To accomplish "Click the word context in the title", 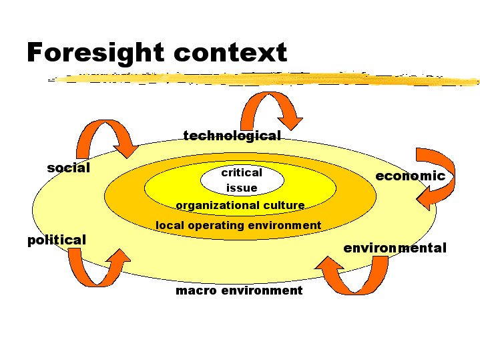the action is (x=230, y=52).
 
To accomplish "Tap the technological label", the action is (x=232, y=136).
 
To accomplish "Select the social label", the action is (x=69, y=168).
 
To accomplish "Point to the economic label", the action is (x=411, y=176).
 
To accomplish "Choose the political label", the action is (x=57, y=240).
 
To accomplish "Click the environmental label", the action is (x=395, y=248).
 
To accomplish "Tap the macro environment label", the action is (x=239, y=291).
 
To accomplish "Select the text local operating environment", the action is (x=238, y=226).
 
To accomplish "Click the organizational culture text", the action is (x=240, y=205).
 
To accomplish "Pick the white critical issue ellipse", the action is (x=242, y=180).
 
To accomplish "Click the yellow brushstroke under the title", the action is (x=263, y=79).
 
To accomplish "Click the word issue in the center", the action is (x=242, y=188).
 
